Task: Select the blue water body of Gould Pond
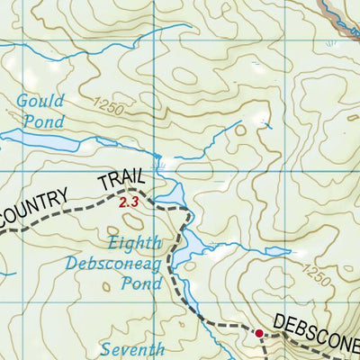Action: coord(45,141)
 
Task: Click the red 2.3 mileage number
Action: coord(129,203)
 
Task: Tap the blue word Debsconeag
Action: coord(113,263)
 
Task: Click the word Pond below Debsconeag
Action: coord(143,283)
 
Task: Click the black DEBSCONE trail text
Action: coord(315,322)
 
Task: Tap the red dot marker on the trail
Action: coord(259,334)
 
